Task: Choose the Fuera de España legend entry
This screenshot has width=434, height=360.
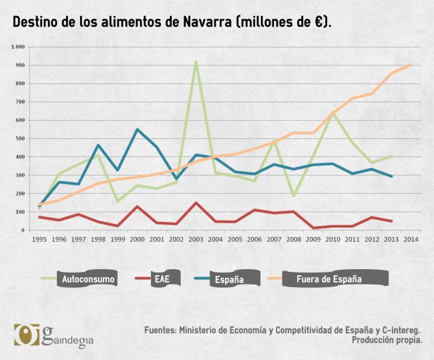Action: tap(329, 279)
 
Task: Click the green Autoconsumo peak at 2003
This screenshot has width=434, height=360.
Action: tap(196, 62)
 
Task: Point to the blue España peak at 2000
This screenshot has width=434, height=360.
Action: tap(138, 130)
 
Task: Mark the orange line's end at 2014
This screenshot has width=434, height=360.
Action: tap(411, 64)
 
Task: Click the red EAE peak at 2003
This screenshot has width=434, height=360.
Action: tap(196, 203)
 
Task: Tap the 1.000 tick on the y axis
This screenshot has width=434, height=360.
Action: tap(17, 47)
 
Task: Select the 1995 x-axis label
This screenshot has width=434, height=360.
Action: tap(40, 239)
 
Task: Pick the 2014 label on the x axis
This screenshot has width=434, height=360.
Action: tap(411, 239)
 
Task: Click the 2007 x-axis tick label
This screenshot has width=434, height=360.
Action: tap(274, 239)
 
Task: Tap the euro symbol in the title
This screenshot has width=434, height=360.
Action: tap(319, 22)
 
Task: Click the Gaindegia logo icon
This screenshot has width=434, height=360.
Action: tap(26, 335)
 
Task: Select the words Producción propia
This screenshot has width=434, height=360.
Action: tap(387, 340)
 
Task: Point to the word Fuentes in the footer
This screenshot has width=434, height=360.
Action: tap(160, 330)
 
